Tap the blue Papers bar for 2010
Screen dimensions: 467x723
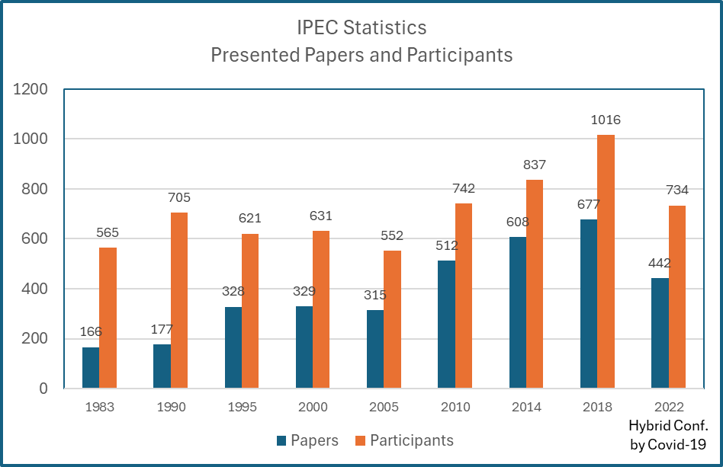coord(446,324)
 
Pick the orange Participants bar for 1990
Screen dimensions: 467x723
coord(179,300)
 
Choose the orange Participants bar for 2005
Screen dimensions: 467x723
coord(392,319)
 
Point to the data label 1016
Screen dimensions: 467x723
coord(606,120)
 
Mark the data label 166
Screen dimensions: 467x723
coord(91,331)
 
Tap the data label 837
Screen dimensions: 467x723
coord(535,165)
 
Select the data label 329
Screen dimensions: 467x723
coord(304,291)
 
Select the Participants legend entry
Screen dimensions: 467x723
coord(404,440)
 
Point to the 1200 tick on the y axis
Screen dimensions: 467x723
coord(31,90)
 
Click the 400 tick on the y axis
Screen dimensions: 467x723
coord(35,289)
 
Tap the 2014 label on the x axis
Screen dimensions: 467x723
coord(526,407)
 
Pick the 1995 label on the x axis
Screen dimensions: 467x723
coord(242,407)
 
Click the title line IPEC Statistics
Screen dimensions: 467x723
coord(361,28)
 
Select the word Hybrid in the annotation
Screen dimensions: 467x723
coord(647,426)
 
